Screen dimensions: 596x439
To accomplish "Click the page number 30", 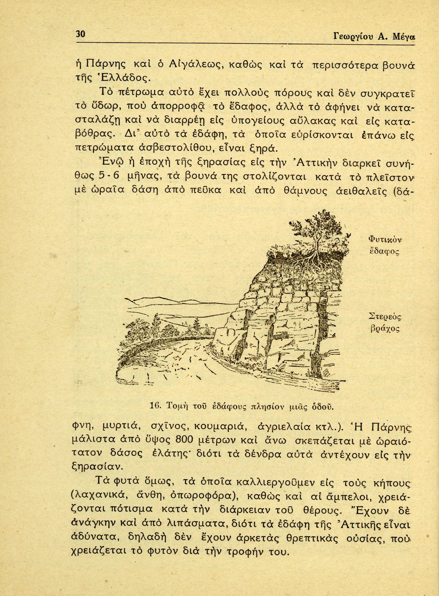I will tap(81, 34).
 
